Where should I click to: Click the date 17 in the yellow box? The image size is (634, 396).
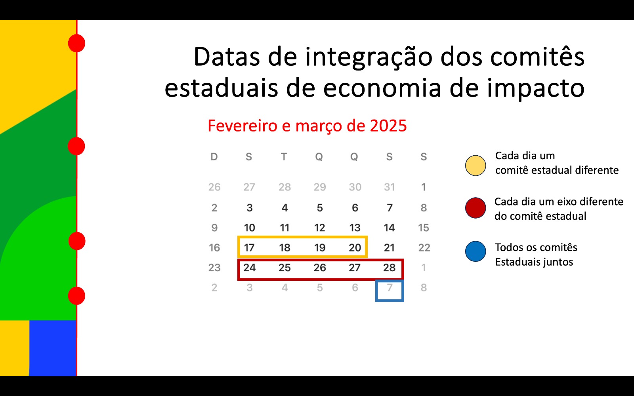(249, 248)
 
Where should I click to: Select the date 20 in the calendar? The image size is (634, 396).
(355, 248)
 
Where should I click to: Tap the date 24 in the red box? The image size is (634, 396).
(249, 268)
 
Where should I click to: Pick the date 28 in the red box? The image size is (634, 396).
(389, 268)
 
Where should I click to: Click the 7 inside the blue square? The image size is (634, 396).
(390, 287)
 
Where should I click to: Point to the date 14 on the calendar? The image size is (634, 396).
(389, 228)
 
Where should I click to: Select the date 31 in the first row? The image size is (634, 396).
(390, 187)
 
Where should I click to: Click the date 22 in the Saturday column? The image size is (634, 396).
(424, 248)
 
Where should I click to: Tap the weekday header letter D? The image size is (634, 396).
(214, 157)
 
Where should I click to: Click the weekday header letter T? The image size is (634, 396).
(284, 157)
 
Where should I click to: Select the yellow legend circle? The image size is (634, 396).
(475, 166)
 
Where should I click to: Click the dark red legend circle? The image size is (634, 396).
(475, 208)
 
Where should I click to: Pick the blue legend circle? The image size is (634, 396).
(475, 251)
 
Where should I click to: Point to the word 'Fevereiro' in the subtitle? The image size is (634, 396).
(243, 126)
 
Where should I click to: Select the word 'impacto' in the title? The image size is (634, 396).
(535, 88)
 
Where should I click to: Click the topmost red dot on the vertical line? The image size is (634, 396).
(77, 43)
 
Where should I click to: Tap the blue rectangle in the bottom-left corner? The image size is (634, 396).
(53, 348)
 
